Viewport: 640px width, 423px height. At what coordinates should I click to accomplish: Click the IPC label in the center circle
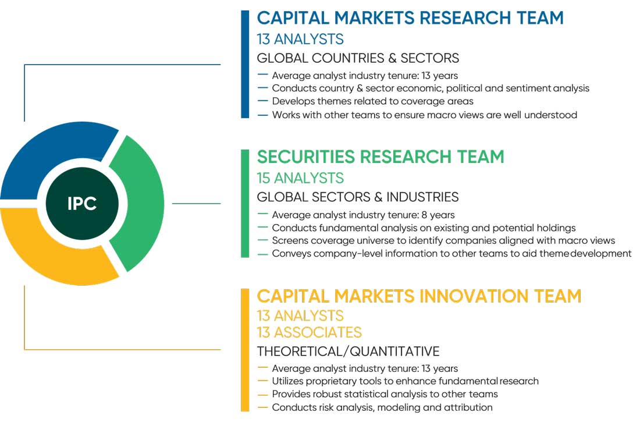pos(82,203)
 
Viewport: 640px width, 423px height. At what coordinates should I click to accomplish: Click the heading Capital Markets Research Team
pos(410,18)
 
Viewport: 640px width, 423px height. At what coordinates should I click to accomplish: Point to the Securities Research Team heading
pos(381,157)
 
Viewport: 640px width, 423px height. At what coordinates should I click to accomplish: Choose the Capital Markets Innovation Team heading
pos(419,296)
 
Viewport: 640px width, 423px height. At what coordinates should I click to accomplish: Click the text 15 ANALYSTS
pos(300,178)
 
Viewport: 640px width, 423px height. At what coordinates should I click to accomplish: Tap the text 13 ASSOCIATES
pos(310,332)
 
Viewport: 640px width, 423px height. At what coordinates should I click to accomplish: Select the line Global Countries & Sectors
pos(358,58)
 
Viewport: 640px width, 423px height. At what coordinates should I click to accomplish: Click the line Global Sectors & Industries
pos(358,197)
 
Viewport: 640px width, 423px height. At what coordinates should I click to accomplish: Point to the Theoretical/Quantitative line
pos(348,351)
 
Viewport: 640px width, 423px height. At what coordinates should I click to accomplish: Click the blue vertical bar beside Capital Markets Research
pos(245,64)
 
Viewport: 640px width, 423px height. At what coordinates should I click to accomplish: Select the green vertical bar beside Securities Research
pos(245,203)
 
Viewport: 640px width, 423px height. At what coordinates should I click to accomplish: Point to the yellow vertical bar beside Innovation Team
pos(245,350)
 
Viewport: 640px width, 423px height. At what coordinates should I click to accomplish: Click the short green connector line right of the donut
pos(196,203)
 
